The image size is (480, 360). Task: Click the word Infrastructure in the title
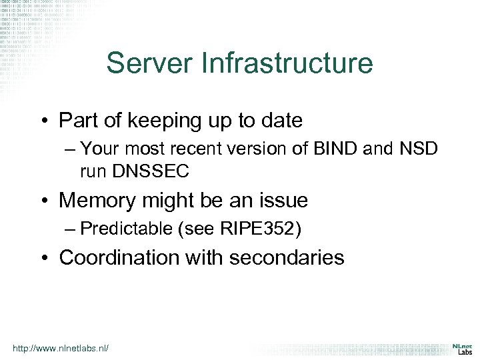[x=283, y=63]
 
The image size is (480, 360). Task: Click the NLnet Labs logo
[x=459, y=349]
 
